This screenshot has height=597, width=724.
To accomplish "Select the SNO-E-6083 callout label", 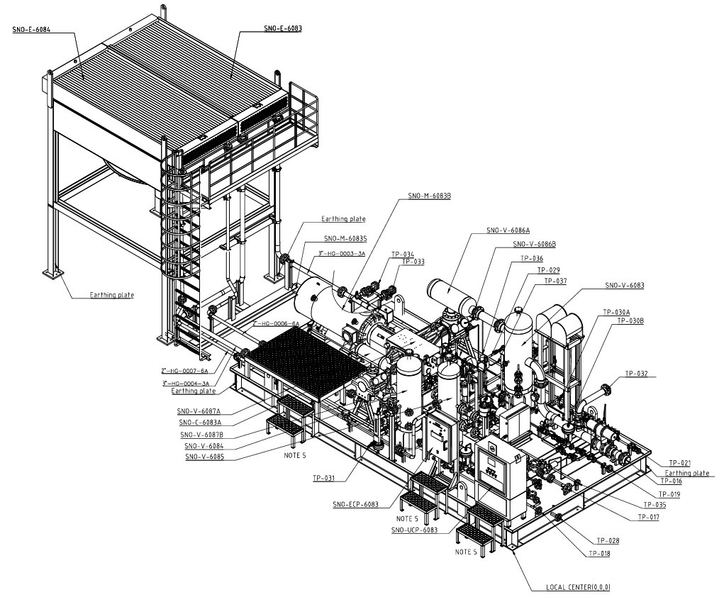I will pyautogui.click(x=283, y=28).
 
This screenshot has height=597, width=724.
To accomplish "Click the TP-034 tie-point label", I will pyautogui.click(x=402, y=254).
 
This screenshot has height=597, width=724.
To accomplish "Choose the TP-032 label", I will pyautogui.click(x=635, y=373).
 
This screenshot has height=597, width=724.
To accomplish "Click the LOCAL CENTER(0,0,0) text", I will pyautogui.click(x=578, y=587).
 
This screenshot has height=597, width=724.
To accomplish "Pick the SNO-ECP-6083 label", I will pyautogui.click(x=355, y=505).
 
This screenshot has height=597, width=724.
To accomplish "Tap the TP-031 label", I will pyautogui.click(x=323, y=478).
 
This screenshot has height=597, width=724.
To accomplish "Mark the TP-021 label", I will pyautogui.click(x=679, y=462).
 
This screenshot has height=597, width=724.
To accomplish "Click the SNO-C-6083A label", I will pyautogui.click(x=199, y=423).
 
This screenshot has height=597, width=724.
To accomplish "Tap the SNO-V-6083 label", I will pyautogui.click(x=624, y=285).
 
